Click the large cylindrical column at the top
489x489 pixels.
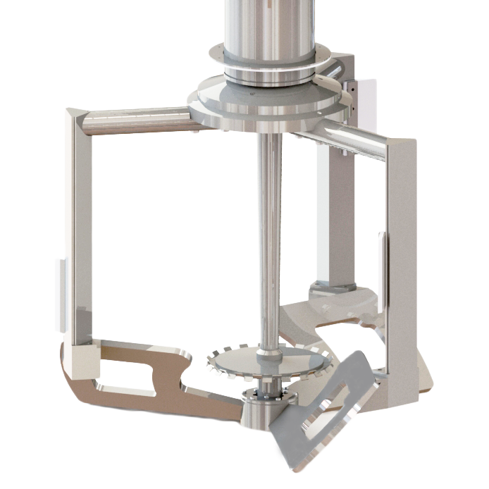tap(267, 28)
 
